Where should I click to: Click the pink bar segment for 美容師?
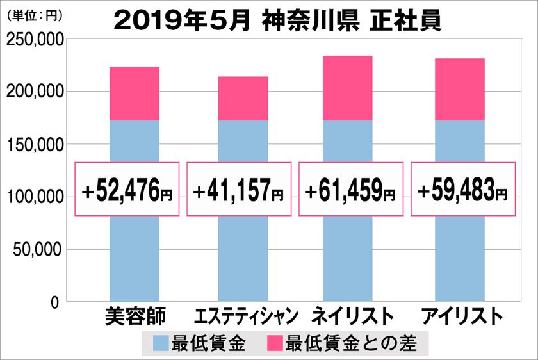[134, 94]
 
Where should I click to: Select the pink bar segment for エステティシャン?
[243, 99]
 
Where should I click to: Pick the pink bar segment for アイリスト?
[460, 90]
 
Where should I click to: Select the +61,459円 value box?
[351, 189]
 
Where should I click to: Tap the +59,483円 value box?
[462, 189]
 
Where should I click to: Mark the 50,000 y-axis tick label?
[38, 249]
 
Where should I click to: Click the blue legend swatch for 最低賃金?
[161, 344]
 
